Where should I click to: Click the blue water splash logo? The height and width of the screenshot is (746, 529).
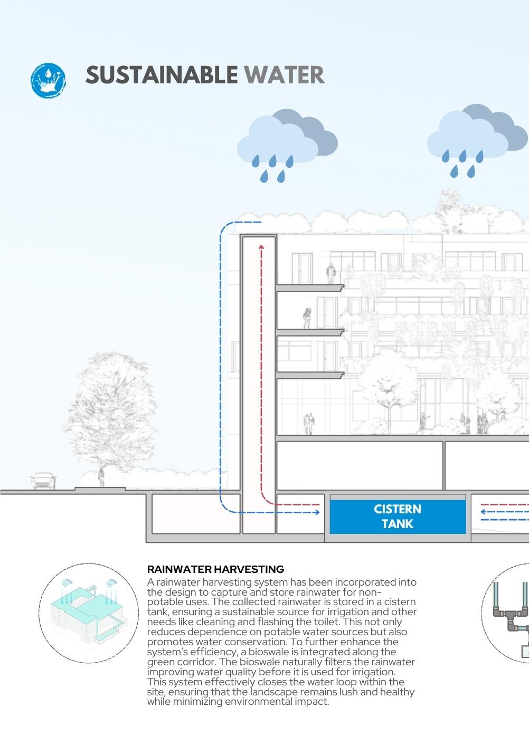pyautogui.click(x=48, y=81)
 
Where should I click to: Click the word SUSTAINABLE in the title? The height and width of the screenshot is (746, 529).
pyautogui.click(x=162, y=75)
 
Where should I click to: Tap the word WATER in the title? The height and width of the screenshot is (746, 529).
pyautogui.click(x=284, y=75)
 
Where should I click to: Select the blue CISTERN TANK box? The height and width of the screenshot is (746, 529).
pyautogui.click(x=398, y=517)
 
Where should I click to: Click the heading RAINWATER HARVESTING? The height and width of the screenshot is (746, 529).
pyautogui.click(x=215, y=569)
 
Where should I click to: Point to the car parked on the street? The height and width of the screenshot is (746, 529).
pyautogui.click(x=43, y=481)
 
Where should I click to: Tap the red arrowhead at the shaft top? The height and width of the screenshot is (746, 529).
pyautogui.click(x=261, y=246)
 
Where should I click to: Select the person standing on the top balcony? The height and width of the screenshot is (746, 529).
pyautogui.click(x=331, y=274)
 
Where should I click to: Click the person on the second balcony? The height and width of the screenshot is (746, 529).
pyautogui.click(x=307, y=318)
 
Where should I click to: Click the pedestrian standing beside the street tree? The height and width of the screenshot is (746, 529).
pyautogui.click(x=101, y=478)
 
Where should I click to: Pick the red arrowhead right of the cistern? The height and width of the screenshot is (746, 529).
pyautogui.click(x=483, y=504)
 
